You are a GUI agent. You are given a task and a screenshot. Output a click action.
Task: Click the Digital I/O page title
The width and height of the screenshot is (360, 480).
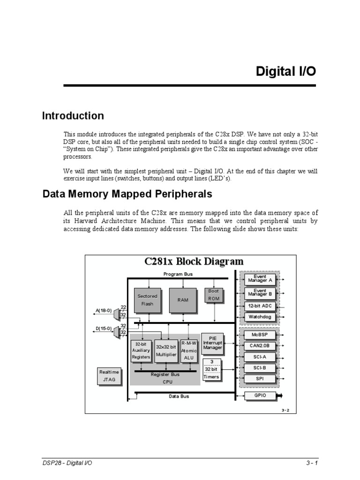pos(285,71)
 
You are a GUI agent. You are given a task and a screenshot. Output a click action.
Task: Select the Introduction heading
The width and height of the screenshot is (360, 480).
pos(73,116)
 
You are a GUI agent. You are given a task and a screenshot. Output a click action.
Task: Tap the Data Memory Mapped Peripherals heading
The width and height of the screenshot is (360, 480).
pos(127,194)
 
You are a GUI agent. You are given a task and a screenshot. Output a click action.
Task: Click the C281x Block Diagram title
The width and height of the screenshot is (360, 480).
pos(194,262)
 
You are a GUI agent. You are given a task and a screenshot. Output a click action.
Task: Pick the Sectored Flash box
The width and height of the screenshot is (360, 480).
pos(147,300)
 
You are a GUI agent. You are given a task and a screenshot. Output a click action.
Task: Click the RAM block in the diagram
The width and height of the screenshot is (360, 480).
pos(182,300)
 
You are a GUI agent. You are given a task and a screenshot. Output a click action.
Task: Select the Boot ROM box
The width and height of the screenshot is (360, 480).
pos(213,295)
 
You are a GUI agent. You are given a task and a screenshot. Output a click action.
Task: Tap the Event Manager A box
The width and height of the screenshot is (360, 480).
pos(260,279)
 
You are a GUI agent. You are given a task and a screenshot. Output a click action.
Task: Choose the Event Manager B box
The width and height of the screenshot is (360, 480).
pos(260,293)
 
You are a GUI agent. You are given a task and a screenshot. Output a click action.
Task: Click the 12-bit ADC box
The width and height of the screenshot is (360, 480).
pos(260,306)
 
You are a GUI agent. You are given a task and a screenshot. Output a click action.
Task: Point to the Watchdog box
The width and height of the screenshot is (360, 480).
pos(260,317)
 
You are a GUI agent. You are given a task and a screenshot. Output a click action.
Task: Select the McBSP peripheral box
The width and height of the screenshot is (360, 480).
pos(260,335)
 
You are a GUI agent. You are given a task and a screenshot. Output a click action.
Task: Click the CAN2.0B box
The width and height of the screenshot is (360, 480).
pos(260,346)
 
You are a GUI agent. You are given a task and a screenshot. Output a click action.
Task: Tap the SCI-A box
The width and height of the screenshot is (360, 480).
pos(260,357)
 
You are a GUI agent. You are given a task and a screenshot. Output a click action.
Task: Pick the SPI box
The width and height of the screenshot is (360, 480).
pos(260,378)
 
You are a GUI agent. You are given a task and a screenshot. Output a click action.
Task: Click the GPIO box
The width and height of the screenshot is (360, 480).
pos(260,396)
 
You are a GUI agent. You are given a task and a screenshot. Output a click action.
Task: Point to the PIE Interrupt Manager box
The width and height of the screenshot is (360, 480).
pos(212,343)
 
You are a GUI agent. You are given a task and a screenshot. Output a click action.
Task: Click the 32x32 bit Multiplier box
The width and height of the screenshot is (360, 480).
pos(166,351)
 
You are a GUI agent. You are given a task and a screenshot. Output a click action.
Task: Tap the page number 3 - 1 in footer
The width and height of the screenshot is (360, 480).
pos(311,463)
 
